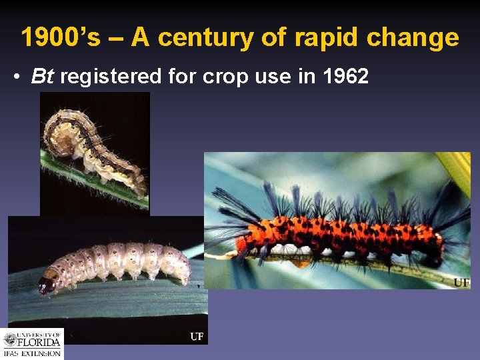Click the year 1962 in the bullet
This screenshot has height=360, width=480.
pyautogui.click(x=345, y=77)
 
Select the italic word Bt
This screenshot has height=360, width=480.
pyautogui.click(x=42, y=77)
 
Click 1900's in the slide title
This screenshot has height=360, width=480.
pyautogui.click(x=60, y=37)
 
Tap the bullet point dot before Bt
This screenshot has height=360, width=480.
pyautogui.click(x=17, y=77)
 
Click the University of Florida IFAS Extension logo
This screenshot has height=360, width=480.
pyautogui.click(x=32, y=344)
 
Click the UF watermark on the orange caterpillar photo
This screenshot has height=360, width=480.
pyautogui.click(x=461, y=283)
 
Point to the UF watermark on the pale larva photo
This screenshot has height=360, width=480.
pyautogui.click(x=197, y=337)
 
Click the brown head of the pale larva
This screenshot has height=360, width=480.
pyautogui.click(x=47, y=285)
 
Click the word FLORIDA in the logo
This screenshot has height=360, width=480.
pyautogui.click(x=40, y=343)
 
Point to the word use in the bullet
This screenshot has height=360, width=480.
pyautogui.click(x=274, y=77)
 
